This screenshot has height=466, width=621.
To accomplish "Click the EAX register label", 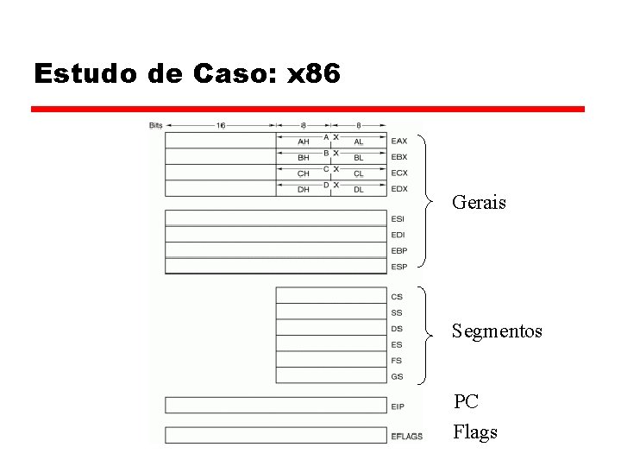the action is click(x=398, y=141).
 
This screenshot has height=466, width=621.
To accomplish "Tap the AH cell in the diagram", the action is click(x=303, y=142).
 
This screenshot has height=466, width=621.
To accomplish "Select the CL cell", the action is click(x=358, y=173).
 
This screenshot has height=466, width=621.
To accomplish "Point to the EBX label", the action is click(x=398, y=157).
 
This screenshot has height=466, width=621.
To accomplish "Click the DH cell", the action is click(x=303, y=190).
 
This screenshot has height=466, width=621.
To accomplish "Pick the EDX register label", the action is click(x=398, y=189).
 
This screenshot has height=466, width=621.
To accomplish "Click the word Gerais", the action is click(x=479, y=203).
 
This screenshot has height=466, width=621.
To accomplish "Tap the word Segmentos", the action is click(x=498, y=331).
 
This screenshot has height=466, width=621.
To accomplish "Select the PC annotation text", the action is click(x=467, y=401).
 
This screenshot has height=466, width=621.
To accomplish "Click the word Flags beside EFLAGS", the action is click(x=475, y=431).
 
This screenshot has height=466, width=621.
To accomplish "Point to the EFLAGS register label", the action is click(x=406, y=437).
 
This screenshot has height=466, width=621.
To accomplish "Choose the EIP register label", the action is click(x=397, y=406).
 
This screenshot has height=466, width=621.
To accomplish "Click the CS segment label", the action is click(x=397, y=297).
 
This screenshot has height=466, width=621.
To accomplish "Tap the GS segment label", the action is click(x=397, y=377).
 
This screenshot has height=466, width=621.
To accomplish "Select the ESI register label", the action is click(x=397, y=219).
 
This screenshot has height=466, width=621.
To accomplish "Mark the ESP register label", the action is click(x=398, y=267).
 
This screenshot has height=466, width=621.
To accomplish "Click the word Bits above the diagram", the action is click(x=155, y=125).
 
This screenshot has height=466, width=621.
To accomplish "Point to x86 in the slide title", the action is click(x=313, y=73).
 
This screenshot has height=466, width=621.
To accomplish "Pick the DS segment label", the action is click(x=397, y=329).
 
